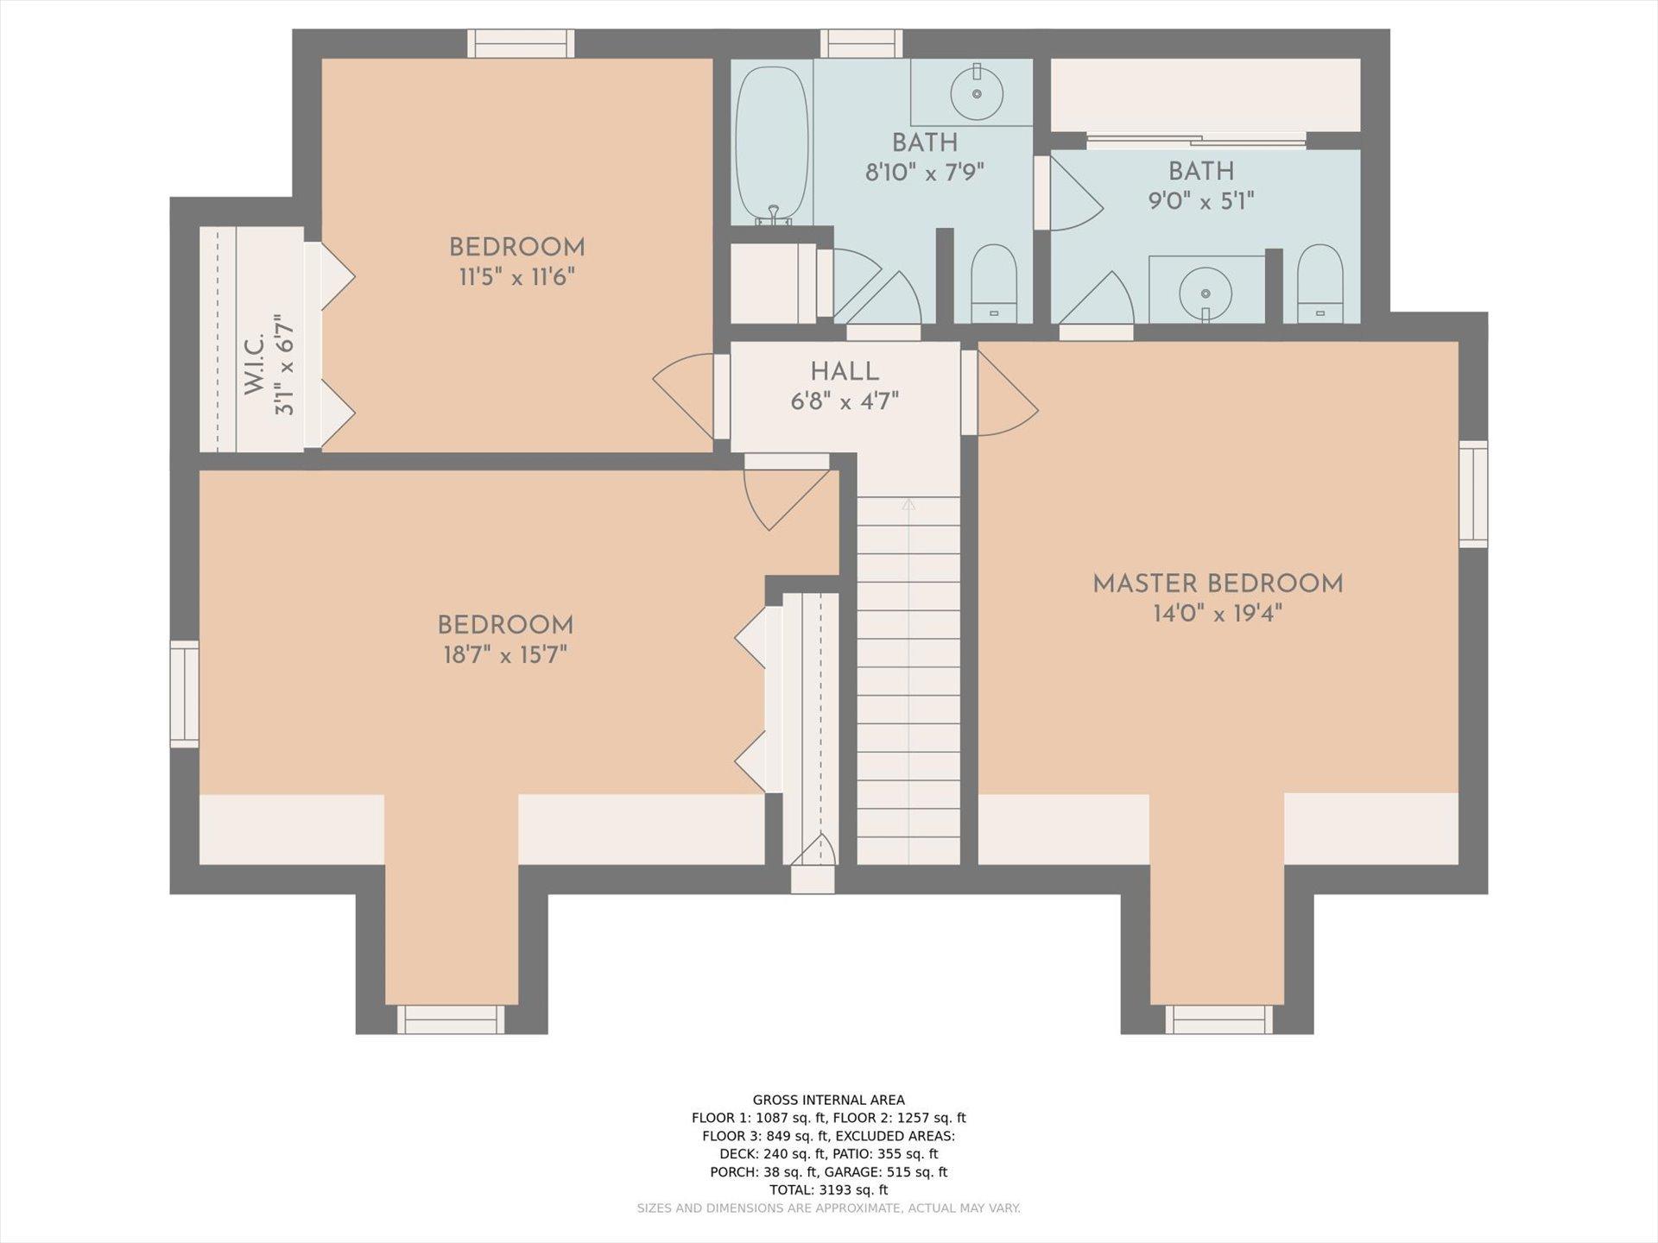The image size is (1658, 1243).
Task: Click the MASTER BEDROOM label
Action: click(x=1218, y=584)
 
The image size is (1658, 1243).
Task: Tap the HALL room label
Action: click(x=845, y=372)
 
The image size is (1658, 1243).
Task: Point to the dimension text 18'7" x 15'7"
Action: click(x=505, y=655)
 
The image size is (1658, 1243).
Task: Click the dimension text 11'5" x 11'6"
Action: click(x=517, y=277)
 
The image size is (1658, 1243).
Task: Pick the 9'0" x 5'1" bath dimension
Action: click(x=1200, y=201)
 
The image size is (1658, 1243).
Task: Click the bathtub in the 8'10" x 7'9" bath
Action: click(x=772, y=146)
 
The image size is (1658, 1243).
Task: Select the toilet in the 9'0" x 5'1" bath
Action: click(x=1319, y=284)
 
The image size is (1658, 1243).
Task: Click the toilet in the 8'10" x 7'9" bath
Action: click(x=994, y=284)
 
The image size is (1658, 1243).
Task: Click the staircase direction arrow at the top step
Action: click(x=908, y=504)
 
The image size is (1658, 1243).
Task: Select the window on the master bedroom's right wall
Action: click(x=1473, y=494)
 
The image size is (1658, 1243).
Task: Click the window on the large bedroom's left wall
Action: click(x=184, y=694)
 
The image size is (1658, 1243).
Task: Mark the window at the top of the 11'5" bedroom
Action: click(x=521, y=44)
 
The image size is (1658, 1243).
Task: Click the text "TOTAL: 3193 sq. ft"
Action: click(x=829, y=1189)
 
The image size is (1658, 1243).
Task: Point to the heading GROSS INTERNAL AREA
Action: click(x=829, y=1100)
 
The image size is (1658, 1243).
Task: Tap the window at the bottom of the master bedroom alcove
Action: click(x=1218, y=1019)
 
